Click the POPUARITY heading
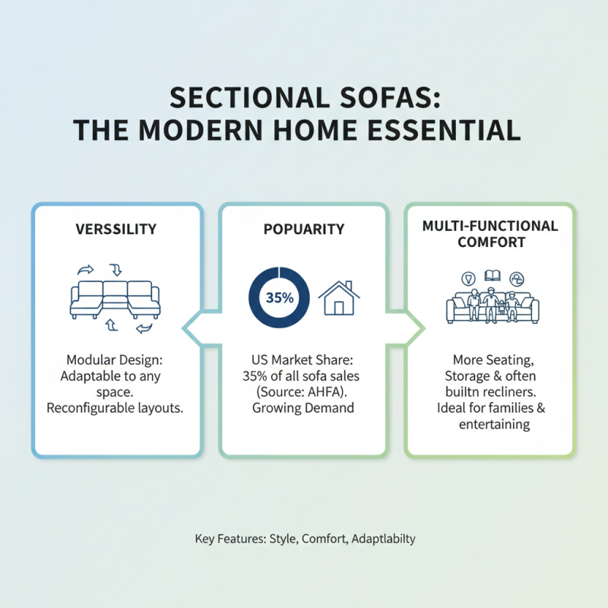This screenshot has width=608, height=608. point(303,229)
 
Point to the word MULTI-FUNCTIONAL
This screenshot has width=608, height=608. point(490,226)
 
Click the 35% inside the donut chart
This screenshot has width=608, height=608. point(280,298)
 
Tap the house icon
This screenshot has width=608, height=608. point(339,297)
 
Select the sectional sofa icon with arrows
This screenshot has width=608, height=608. point(116,299)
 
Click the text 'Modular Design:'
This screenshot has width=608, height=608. point(116,359)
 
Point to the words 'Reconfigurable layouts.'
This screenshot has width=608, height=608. point(116,408)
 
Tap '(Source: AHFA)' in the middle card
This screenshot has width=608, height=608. point(304,391)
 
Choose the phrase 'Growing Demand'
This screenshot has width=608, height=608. point(304,408)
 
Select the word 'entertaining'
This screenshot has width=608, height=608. point(494,424)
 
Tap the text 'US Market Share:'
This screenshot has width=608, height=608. point(304,359)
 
